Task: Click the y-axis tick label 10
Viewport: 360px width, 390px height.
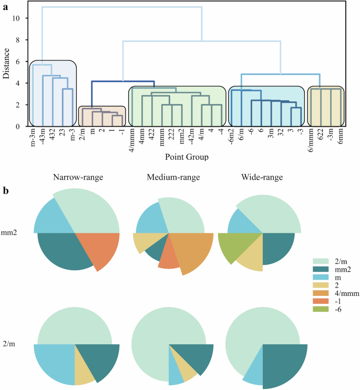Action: (16, 18)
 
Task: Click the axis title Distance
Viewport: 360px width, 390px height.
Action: (6, 64)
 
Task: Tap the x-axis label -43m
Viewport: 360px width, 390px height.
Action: (42, 139)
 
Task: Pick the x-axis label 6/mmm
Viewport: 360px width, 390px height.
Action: (311, 140)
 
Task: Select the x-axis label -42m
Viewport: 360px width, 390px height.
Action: (192, 139)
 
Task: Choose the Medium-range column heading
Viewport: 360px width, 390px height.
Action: (169, 178)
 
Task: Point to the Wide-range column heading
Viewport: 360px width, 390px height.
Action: (262, 178)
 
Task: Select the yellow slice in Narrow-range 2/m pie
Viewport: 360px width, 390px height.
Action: (81, 365)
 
